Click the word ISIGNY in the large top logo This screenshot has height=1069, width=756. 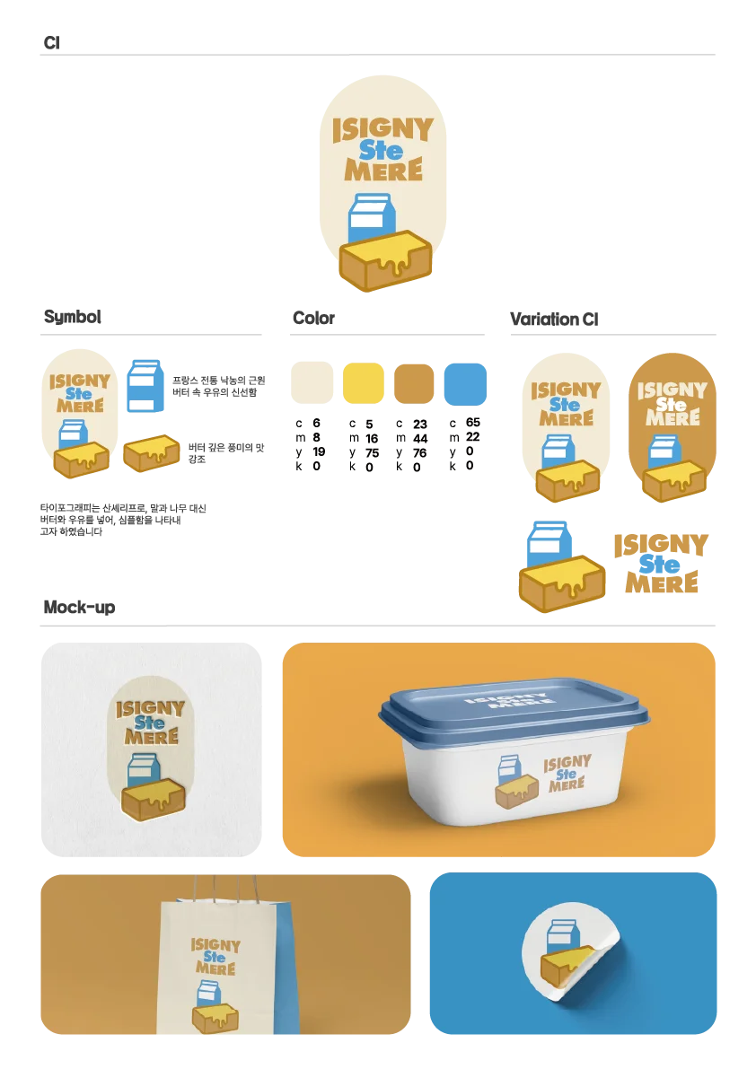coord(382,129)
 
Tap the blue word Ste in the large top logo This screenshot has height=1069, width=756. coord(382,150)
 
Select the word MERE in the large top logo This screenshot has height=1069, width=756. coord(383,170)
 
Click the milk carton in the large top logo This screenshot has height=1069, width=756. coord(371,217)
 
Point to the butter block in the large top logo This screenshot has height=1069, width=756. coord(385,259)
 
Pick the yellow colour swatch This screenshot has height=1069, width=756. coord(364,383)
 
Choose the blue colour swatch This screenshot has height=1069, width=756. coord(466,383)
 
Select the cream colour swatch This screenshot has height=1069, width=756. coord(312,383)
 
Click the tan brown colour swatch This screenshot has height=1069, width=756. coord(414,383)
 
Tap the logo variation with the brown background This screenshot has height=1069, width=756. coord(672,426)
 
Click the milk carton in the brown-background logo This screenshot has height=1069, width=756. coord(664,451)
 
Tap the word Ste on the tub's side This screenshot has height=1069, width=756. coord(567,775)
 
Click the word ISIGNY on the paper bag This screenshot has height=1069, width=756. coord(215,945)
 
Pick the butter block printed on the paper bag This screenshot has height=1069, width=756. coord(215,1018)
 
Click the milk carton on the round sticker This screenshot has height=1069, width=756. coord(562,935)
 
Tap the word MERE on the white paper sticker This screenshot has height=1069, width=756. coord(152,736)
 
